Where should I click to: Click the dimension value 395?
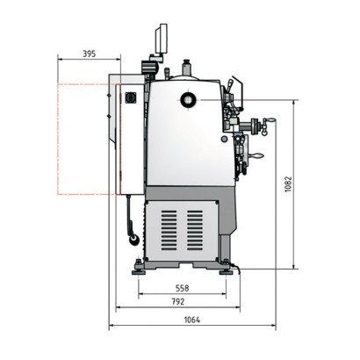tap(90, 54)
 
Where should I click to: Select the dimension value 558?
tap(182, 288)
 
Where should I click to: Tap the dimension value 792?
tap(178, 301)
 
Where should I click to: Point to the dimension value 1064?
tap(192, 320)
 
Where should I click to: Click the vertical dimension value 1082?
tap(288, 184)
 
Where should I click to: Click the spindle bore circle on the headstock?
tap(188, 100)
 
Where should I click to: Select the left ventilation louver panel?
tap(169, 231)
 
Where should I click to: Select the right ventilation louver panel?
tap(195, 231)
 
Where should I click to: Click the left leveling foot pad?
tap(139, 272)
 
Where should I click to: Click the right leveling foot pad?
tap(226, 272)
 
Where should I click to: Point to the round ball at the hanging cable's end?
tap(134, 240)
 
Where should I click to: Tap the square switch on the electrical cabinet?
tap(129, 97)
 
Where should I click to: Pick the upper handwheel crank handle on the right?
tap(270, 119)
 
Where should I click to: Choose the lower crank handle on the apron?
tap(257, 156)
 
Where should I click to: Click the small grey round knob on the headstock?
tap(225, 140)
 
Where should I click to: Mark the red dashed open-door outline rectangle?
tap(58, 139)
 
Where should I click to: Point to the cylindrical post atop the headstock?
tap(186, 68)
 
